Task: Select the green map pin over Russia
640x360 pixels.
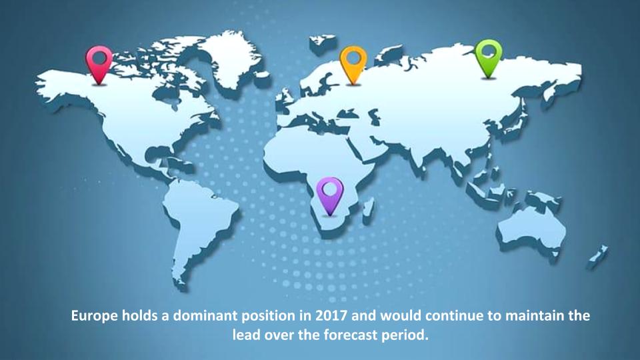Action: coord(488,55)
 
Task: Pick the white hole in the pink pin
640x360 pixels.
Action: coord(99,58)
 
